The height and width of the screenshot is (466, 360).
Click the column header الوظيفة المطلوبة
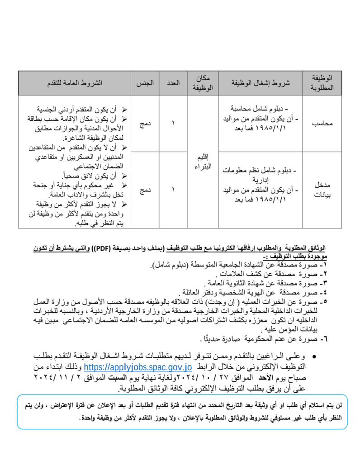322,83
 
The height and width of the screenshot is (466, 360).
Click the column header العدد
173,83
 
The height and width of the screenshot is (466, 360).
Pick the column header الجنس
145,83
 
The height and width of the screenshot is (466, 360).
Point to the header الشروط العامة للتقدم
75,83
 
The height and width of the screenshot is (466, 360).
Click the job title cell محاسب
322,123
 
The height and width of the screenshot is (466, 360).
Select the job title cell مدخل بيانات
322,190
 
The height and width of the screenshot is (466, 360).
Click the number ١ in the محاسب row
173,123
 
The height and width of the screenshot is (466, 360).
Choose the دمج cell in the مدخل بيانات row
145,190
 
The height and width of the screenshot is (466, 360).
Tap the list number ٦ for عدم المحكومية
322,338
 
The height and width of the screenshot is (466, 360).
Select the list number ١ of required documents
322,264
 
